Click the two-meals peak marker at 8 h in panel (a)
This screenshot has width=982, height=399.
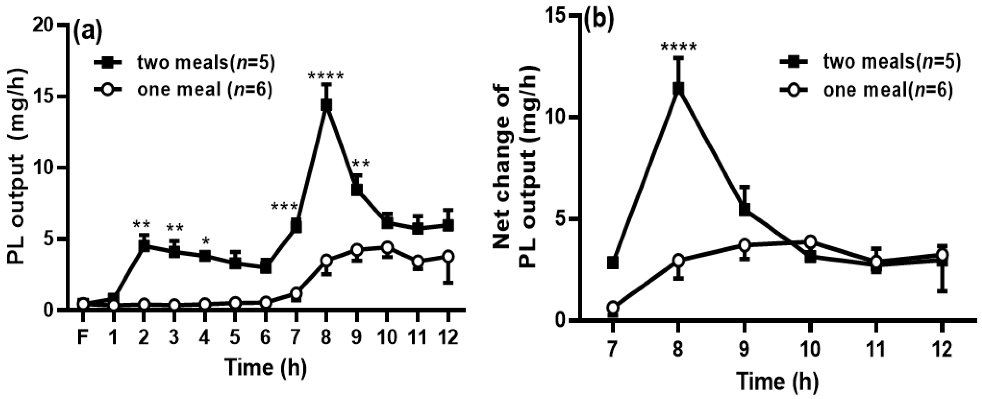(x=326, y=105)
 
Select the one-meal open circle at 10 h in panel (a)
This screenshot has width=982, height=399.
(x=387, y=247)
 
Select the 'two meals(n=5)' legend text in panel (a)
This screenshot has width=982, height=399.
(x=206, y=63)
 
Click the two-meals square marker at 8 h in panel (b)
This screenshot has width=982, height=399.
(x=678, y=89)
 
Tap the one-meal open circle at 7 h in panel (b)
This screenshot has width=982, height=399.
(x=613, y=307)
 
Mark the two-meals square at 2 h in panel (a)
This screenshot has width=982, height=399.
(x=144, y=246)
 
